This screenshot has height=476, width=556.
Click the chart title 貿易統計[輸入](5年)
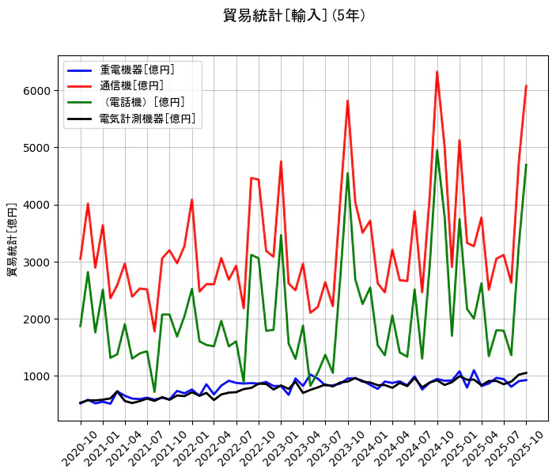pos(294,16)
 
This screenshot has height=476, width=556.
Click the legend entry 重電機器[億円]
pos(137,70)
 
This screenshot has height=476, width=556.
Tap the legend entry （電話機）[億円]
pos(142,103)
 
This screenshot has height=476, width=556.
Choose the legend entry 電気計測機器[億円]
pos(147,119)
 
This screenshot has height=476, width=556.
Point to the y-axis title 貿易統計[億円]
pos(12,239)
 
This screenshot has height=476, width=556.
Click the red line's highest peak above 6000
pos(437,72)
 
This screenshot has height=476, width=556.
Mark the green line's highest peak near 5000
pos(437,150)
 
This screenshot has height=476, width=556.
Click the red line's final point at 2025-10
pos(526,85)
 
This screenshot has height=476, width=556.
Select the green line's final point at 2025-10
pos(526,164)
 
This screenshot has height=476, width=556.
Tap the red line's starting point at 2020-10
pos(81,259)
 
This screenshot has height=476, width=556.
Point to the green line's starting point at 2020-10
pos(81,326)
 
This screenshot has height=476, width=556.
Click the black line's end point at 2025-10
pos(526,372)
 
